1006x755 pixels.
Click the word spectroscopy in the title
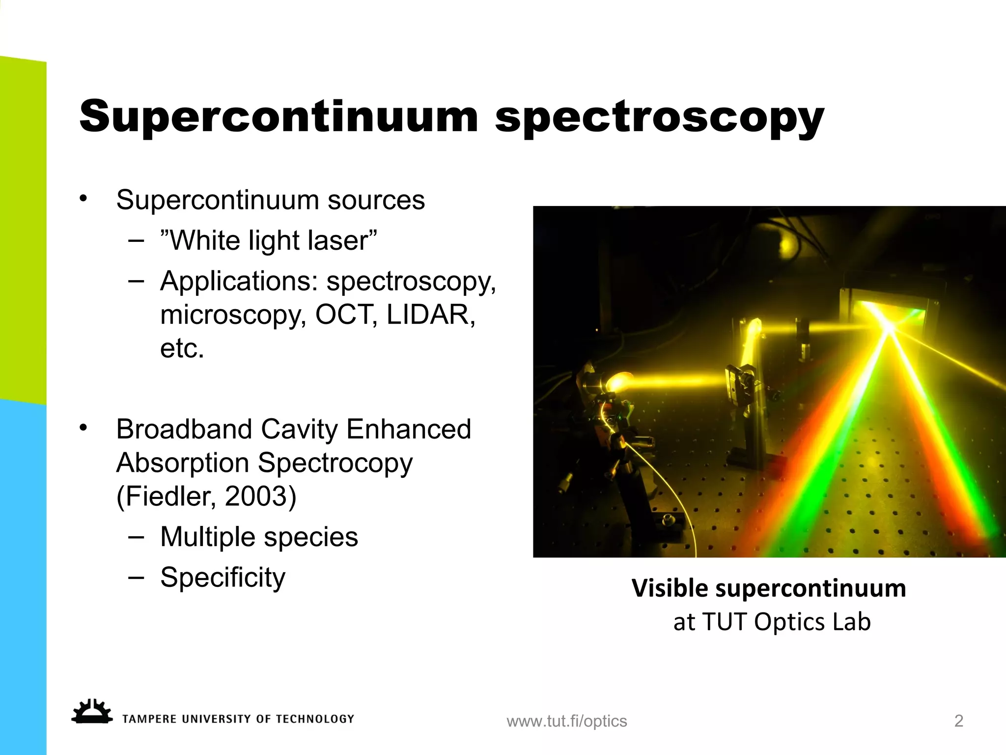(659, 118)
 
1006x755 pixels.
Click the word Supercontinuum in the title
(279, 116)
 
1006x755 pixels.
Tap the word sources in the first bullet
(376, 200)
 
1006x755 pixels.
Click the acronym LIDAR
(431, 315)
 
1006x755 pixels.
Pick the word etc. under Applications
(182, 348)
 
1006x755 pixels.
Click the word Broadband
(184, 429)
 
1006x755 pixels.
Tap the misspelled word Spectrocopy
(335, 464)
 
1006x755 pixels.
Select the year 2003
(260, 496)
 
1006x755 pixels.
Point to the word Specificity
(223, 578)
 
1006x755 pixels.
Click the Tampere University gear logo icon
(91, 712)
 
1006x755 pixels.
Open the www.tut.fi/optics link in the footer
(567, 721)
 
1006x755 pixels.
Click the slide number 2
(958, 721)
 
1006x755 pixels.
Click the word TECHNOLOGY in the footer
(315, 719)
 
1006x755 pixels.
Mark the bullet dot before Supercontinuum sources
(84, 199)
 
